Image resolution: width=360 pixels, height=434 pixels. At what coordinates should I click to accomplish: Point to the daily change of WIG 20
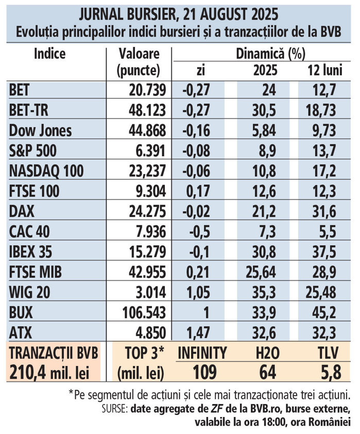(x=197, y=292)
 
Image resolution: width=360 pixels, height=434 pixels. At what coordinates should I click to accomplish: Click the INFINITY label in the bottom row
(x=202, y=353)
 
